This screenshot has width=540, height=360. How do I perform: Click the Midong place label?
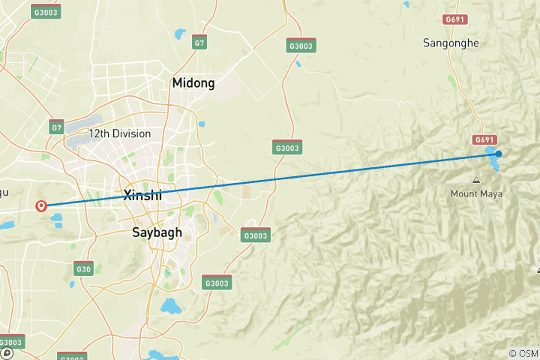193,83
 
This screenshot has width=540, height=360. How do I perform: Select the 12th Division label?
119,134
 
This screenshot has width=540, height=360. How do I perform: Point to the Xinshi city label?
142,195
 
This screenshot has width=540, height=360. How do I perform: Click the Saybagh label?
157,232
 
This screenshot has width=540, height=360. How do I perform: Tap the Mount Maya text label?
476,193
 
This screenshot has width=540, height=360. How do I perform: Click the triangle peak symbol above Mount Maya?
476,180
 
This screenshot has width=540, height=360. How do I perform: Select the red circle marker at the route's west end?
41,205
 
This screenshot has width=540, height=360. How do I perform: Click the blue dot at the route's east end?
498,154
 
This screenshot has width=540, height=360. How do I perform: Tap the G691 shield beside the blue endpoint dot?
484,140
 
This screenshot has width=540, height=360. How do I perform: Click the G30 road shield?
83,268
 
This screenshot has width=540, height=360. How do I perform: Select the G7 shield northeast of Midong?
199,43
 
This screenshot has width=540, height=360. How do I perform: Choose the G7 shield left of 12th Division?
57,127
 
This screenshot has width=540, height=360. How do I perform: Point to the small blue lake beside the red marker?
57,220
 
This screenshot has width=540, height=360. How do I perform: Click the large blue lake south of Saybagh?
171,306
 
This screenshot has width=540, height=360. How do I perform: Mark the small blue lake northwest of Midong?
179,34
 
